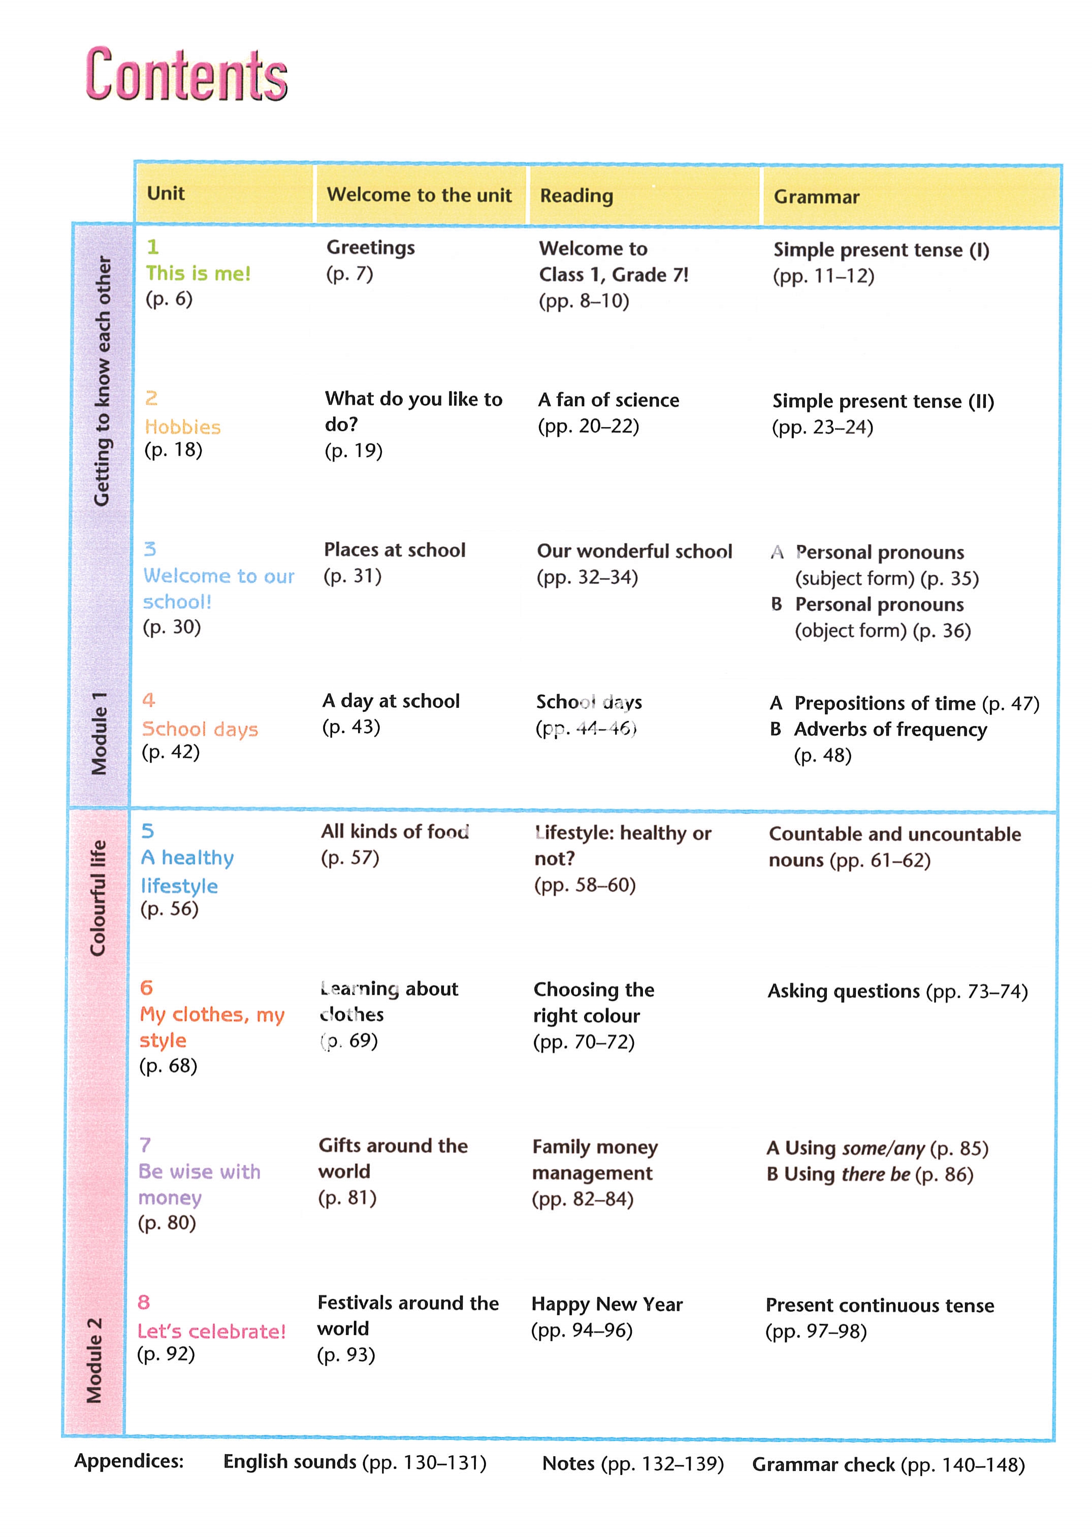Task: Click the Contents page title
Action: (x=186, y=75)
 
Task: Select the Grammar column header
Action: (x=816, y=196)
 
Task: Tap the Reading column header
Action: (x=576, y=195)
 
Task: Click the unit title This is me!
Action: (x=199, y=274)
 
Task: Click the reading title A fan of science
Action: (x=608, y=400)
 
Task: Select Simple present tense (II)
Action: (x=883, y=401)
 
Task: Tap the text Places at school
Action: (x=395, y=550)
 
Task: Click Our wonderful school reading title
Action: (x=634, y=551)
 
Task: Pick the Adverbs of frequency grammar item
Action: (x=890, y=729)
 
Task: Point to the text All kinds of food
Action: (x=395, y=832)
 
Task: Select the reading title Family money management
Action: (x=594, y=1160)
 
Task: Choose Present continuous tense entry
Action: (x=880, y=1305)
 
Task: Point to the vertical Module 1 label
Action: (x=99, y=733)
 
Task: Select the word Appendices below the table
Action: (x=129, y=1461)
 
